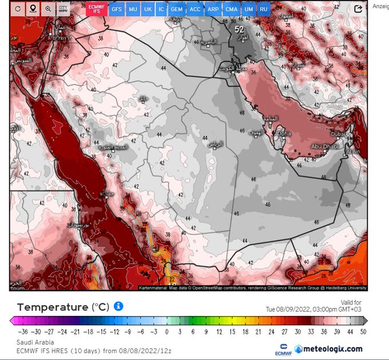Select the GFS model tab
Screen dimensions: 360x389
[x=117, y=9]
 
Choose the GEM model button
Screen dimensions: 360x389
[x=177, y=9]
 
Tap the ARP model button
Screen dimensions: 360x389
[x=213, y=9]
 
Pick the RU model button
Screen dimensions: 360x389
[x=264, y=9]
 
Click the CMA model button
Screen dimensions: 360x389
[x=231, y=9]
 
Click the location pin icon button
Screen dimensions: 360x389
[x=33, y=9]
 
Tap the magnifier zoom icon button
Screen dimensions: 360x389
[x=47, y=9]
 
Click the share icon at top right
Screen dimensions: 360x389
[x=358, y=9]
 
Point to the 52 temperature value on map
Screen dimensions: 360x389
[x=239, y=29]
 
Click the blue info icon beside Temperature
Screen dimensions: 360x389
[x=118, y=306]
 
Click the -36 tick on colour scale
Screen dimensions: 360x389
[x=22, y=331]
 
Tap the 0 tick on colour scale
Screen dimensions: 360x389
[x=167, y=331]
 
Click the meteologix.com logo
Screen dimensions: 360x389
[x=329, y=349]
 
